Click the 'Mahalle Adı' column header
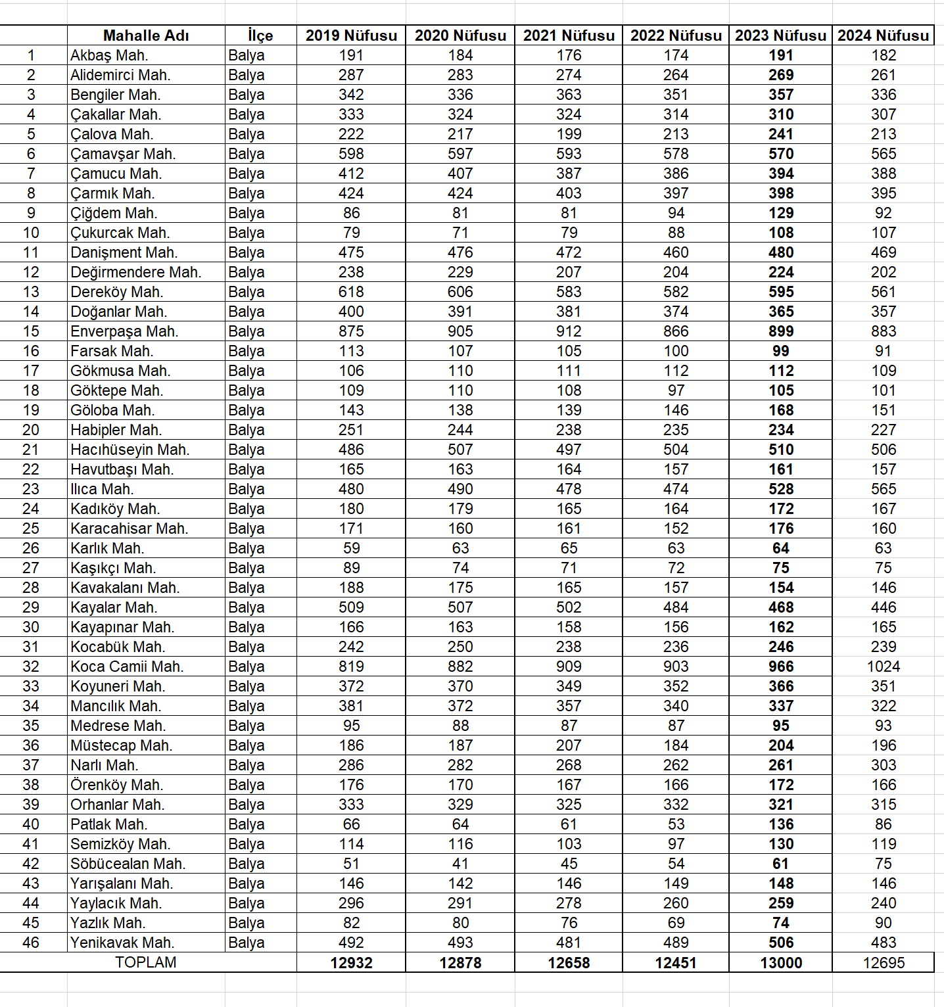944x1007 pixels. pyautogui.click(x=146, y=35)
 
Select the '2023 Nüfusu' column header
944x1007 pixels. pyautogui.click(x=780, y=35)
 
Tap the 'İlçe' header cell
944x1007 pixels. pyautogui.click(x=260, y=35)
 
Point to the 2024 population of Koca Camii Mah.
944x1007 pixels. pyautogui.click(x=883, y=667)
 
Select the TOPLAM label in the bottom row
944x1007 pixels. pyautogui.click(x=146, y=962)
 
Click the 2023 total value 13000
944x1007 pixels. pyautogui.click(x=780, y=963)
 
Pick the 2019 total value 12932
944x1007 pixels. pyautogui.click(x=351, y=963)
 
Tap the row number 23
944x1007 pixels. pyautogui.click(x=31, y=489)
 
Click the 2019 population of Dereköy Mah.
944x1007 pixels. pyautogui.click(x=351, y=292)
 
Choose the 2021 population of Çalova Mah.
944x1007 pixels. pyautogui.click(x=569, y=134)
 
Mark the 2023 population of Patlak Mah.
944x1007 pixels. pyautogui.click(x=780, y=824)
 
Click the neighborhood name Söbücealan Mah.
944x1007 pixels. pyautogui.click(x=128, y=864)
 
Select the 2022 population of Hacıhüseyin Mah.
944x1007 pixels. pyautogui.click(x=676, y=450)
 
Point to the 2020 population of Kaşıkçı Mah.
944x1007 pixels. pyautogui.click(x=460, y=568)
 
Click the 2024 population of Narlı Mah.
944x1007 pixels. pyautogui.click(x=883, y=765)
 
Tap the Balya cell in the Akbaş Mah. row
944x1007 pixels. pyautogui.click(x=247, y=55)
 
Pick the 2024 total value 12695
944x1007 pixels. pyautogui.click(x=883, y=963)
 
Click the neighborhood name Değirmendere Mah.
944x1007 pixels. pyautogui.click(x=135, y=272)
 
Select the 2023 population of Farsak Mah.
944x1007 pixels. pyautogui.click(x=780, y=351)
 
